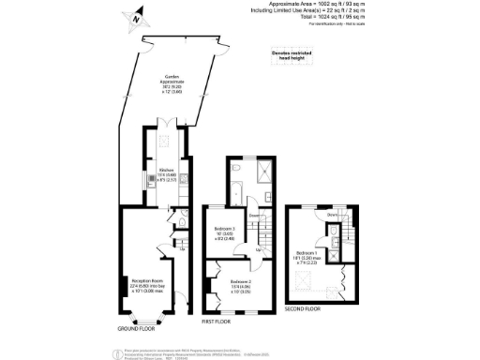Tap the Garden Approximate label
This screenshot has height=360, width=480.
pos(172,84)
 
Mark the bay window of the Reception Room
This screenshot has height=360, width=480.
pos(145,321)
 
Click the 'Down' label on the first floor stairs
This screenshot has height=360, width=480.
pos(253,216)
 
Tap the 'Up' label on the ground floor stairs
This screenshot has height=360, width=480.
pos(181,249)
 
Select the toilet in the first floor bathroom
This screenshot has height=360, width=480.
pos(234,171)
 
